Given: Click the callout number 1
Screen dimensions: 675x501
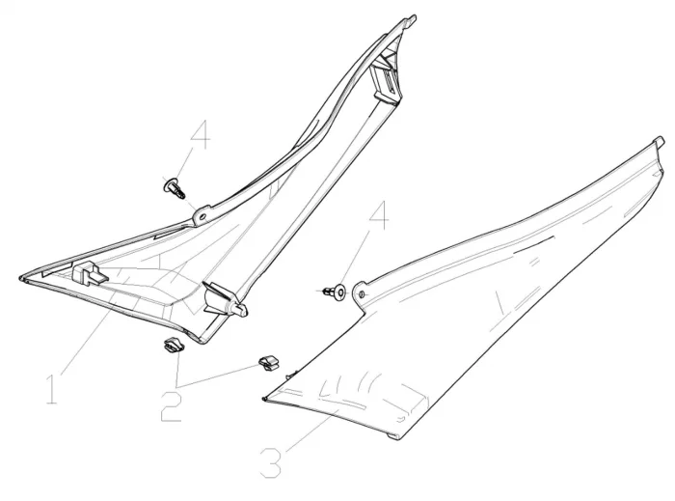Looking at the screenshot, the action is [x=52, y=389].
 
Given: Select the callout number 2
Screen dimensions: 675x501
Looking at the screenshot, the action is [x=172, y=406].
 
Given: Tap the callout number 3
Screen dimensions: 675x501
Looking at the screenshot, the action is [x=271, y=462].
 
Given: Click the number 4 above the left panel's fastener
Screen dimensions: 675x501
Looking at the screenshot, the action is [x=201, y=134].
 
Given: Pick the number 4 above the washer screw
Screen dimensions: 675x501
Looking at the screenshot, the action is [x=379, y=215].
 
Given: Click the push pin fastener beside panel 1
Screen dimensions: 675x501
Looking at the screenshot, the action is [x=175, y=188].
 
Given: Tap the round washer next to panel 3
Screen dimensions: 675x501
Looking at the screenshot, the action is [x=341, y=292].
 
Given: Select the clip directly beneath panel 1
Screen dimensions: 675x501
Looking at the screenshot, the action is [x=174, y=345].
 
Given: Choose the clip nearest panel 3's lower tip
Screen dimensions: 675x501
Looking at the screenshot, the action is [x=269, y=363].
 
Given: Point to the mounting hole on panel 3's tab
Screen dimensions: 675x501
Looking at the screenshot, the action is [x=362, y=294].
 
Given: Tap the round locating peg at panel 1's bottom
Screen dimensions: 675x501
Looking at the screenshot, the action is [x=240, y=309].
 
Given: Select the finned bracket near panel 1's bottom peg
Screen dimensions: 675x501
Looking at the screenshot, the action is [x=219, y=297].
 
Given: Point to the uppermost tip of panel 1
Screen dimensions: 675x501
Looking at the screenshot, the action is [x=414, y=17].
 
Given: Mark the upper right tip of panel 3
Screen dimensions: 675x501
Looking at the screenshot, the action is [x=659, y=140].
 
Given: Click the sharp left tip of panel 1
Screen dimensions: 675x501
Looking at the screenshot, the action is [x=20, y=278].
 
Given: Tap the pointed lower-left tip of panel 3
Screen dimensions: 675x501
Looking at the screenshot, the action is [x=263, y=400].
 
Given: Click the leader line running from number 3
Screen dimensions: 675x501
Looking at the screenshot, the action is [x=311, y=431].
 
